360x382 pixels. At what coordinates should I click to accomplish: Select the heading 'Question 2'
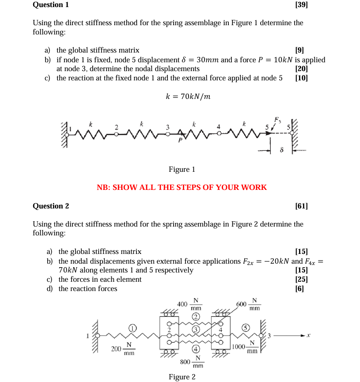[51, 206]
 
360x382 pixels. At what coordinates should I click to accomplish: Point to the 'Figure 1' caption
[182, 170]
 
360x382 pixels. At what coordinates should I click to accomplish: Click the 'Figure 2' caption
[182, 377]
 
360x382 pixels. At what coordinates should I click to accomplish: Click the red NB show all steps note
[182, 187]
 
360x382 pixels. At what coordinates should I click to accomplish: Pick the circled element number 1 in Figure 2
[132, 328]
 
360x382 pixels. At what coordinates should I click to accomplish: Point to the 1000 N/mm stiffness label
[244, 347]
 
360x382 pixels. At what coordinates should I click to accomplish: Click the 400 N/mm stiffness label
[189, 304]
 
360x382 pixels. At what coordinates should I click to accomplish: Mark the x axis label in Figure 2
[309, 336]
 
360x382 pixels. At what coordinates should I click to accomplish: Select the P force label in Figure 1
[180, 140]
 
